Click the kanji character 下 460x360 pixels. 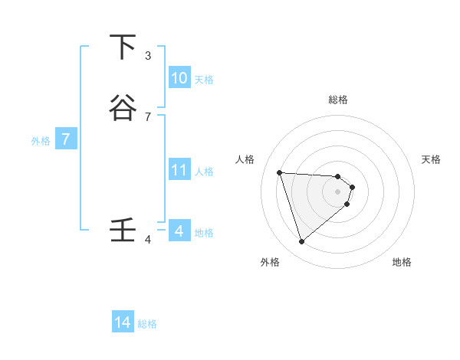[122, 47]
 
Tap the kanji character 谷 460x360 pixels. [122, 108]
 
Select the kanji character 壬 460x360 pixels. [122, 230]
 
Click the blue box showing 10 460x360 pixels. [179, 78]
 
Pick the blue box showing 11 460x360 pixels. [179, 170]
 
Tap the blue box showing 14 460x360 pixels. [123, 322]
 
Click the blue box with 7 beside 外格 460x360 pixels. [67, 140]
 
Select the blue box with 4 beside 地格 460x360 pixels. [179, 231]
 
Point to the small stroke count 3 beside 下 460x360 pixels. [148, 56]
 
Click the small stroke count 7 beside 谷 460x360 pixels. [148, 117]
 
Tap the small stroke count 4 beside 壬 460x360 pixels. [148, 240]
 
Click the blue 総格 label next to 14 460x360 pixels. [147, 324]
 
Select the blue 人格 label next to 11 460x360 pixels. [205, 172]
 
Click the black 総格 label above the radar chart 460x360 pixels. [338, 100]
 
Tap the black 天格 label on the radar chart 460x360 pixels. [432, 159]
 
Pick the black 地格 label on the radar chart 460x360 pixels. [402, 262]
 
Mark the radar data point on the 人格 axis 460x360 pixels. [280, 172]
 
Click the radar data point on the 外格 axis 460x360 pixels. [302, 242]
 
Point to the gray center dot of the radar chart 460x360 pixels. [338, 191]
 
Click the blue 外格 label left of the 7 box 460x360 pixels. [40, 141]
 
